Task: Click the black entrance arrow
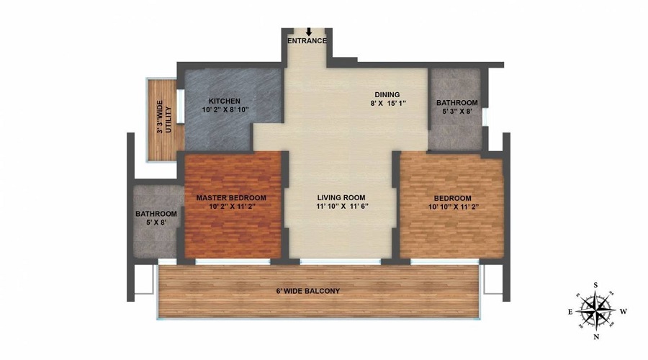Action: (308, 32)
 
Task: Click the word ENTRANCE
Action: (307, 41)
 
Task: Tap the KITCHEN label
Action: (224, 101)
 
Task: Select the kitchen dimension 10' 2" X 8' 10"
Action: (224, 110)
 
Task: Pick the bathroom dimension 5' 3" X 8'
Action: (456, 112)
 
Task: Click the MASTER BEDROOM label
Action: (232, 198)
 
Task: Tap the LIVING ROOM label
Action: (341, 197)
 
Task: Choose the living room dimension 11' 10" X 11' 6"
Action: (342, 207)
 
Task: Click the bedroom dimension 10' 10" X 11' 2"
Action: (452, 207)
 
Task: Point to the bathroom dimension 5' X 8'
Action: (156, 223)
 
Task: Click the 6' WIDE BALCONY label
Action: (307, 291)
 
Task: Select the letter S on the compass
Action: (595, 285)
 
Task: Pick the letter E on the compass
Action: (570, 312)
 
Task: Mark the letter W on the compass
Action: (624, 312)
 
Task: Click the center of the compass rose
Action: (596, 310)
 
